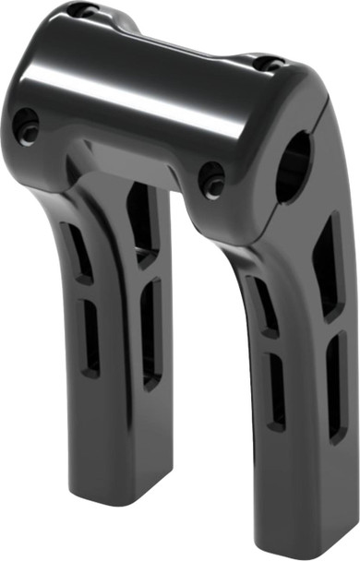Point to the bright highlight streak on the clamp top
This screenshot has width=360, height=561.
148,88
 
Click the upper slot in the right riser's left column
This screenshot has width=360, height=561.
266,304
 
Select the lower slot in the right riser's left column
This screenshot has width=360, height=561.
275,392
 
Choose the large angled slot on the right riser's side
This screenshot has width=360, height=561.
328,268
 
